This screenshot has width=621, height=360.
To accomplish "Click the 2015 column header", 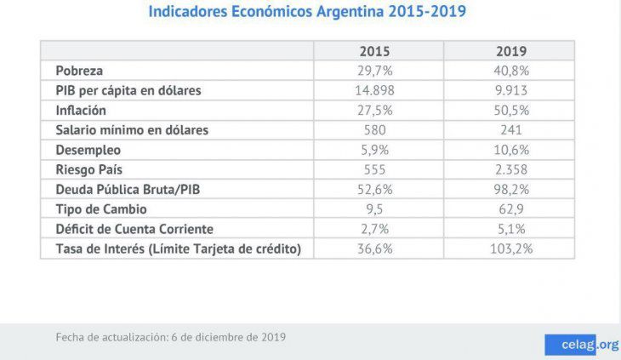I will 374,50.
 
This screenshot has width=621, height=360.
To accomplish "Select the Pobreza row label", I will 79,70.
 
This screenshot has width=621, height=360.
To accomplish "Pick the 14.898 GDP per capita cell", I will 374,90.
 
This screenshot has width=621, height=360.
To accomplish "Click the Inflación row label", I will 81,110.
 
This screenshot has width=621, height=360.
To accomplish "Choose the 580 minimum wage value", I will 374,129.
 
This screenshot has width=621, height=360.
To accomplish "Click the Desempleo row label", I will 88,149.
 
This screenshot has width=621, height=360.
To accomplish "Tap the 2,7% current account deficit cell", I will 374,228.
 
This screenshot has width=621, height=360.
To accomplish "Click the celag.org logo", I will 582,344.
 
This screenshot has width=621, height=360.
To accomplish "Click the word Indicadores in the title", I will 192,13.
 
